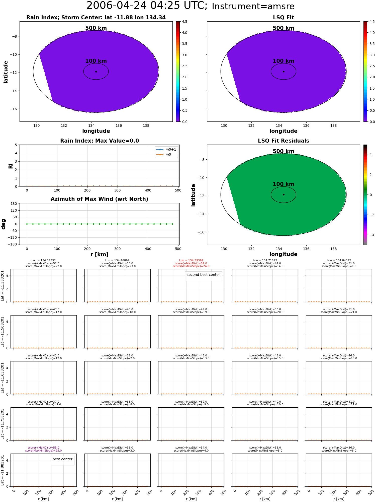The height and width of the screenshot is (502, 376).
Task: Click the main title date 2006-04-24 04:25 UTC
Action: (147, 6)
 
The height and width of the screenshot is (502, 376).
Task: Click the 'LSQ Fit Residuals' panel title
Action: (284, 141)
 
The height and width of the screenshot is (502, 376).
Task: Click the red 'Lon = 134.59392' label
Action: (191, 261)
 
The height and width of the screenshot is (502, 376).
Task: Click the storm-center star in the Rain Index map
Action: (96, 72)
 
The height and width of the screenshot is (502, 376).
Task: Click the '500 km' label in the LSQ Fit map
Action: (284, 28)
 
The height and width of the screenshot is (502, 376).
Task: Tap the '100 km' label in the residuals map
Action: (284, 184)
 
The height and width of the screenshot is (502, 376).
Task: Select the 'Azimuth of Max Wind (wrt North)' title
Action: (100, 199)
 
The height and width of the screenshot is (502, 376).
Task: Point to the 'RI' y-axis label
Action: (11, 166)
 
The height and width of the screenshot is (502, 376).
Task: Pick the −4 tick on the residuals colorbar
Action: (370, 235)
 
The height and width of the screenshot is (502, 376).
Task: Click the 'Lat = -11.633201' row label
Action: (3, 378)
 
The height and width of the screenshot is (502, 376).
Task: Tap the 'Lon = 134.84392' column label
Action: (339, 261)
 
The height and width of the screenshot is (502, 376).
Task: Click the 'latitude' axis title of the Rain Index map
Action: (6, 72)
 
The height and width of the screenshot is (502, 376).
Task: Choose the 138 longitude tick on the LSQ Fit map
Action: (334, 125)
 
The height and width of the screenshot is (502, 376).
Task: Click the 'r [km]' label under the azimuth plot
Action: (100, 255)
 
